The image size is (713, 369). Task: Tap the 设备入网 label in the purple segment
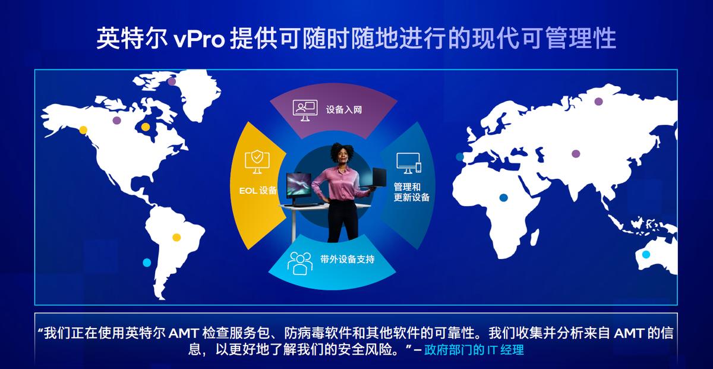pos(343,110)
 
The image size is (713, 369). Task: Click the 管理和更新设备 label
pos(411,192)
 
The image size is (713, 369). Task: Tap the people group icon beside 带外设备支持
pos(300,262)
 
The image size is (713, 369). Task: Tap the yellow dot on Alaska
pos(83,130)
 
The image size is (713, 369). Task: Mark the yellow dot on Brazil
pos(176,237)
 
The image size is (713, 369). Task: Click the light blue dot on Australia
pos(646,254)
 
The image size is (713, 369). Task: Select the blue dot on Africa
pos(503,197)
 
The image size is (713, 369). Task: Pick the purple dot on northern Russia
pos(598,101)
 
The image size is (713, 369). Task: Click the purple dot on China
pos(576,153)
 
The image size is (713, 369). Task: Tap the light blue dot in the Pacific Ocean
pos(147,263)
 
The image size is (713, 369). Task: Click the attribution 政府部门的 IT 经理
pos(474,350)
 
